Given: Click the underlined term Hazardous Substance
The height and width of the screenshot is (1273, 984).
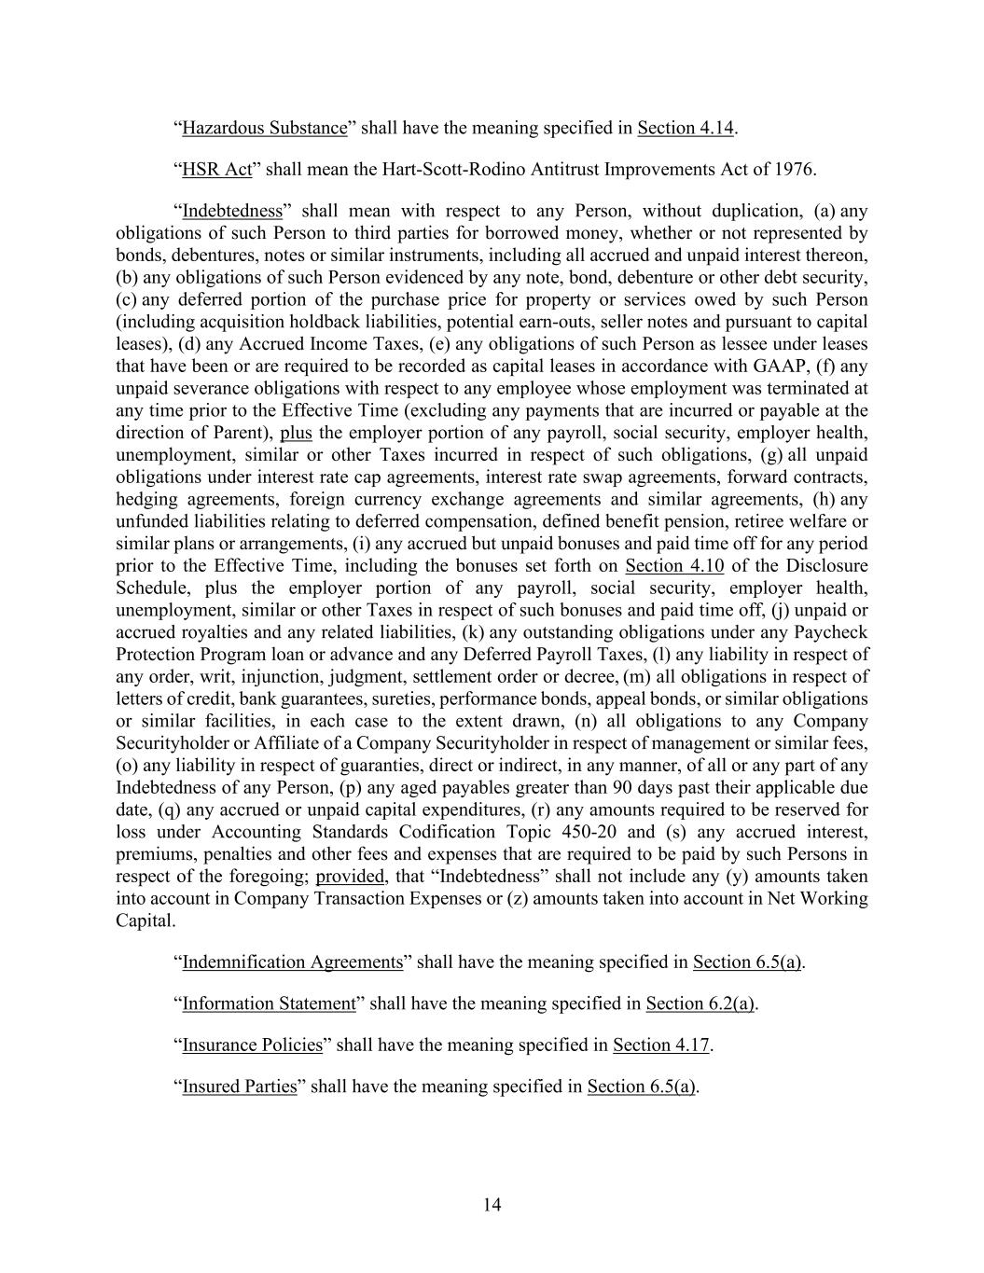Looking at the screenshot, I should [264, 128].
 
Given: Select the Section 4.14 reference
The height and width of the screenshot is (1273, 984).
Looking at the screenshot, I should [686, 128].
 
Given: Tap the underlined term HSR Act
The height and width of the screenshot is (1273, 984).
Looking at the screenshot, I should [217, 170].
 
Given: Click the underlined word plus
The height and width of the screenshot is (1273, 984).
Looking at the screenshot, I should [296, 433].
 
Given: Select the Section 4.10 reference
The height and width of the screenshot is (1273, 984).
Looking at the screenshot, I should [674, 566].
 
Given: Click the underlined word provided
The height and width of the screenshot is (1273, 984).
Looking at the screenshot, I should [350, 877].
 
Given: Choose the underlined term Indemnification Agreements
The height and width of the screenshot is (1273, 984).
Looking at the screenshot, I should [293, 962].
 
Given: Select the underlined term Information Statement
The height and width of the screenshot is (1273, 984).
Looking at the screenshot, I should [269, 1003].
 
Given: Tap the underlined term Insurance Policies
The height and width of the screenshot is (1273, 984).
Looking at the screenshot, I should [252, 1045].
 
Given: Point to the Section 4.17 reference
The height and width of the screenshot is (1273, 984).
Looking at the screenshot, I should [661, 1045].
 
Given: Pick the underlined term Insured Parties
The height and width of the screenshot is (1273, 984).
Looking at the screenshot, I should [239, 1086].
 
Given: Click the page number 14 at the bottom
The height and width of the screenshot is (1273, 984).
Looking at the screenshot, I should [492, 1205].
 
